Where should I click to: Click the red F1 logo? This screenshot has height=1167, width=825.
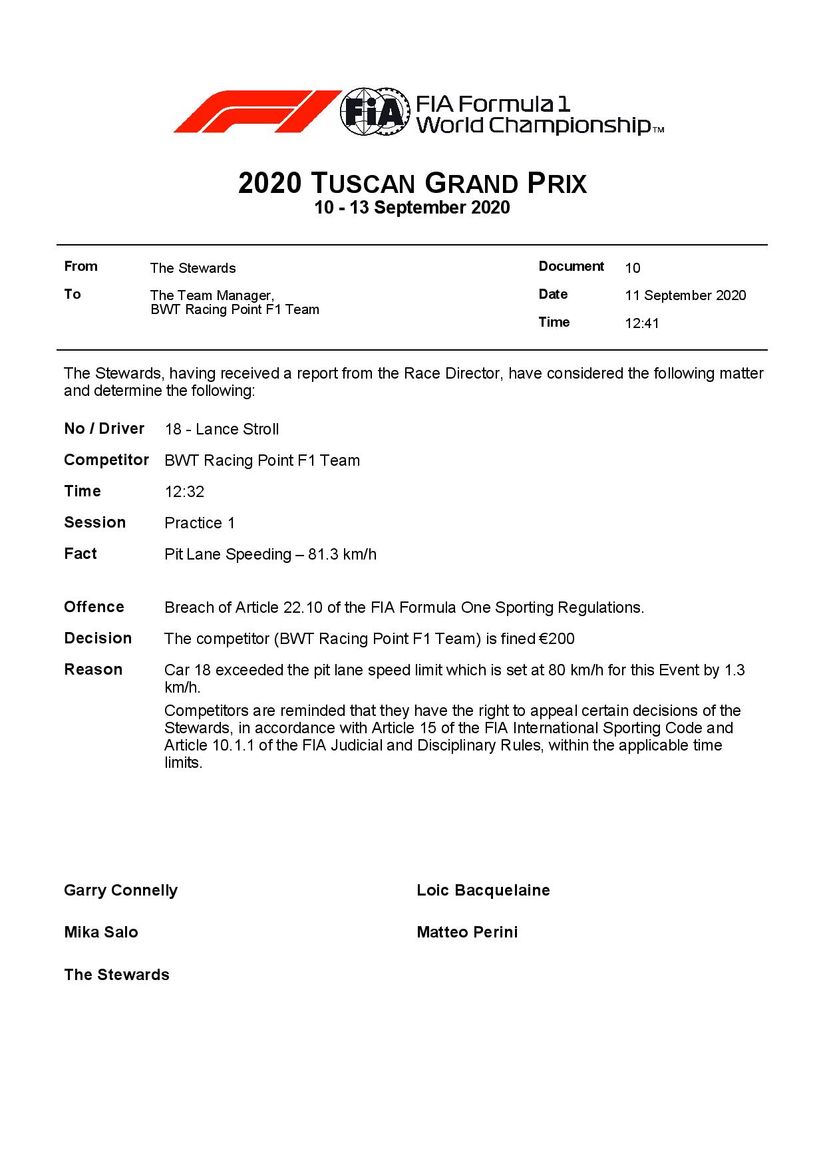tap(256, 111)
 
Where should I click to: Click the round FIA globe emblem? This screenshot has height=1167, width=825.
tap(373, 111)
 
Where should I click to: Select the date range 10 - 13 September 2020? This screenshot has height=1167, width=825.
tap(412, 208)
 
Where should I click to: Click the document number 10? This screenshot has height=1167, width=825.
tap(632, 268)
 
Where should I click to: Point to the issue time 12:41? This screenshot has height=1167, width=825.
tap(641, 324)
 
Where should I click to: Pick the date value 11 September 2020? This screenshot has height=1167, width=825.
tap(685, 295)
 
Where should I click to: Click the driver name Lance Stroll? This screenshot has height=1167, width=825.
tap(237, 429)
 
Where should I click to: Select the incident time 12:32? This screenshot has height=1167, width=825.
tap(184, 492)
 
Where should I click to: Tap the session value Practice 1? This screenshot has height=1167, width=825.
tap(200, 523)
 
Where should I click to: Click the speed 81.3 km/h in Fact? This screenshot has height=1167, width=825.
tap(342, 554)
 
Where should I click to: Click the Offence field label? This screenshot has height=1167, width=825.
tap(94, 607)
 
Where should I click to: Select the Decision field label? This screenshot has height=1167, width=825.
tap(98, 638)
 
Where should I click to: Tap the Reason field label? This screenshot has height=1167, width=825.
tap(93, 669)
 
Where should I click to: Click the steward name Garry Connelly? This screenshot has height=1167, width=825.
tap(120, 890)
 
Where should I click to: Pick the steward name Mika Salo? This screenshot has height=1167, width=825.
tap(101, 932)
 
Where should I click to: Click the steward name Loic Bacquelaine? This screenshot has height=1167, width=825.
tap(483, 890)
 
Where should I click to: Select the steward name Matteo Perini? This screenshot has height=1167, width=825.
tap(467, 932)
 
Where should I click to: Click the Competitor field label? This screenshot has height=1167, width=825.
tap(106, 460)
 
